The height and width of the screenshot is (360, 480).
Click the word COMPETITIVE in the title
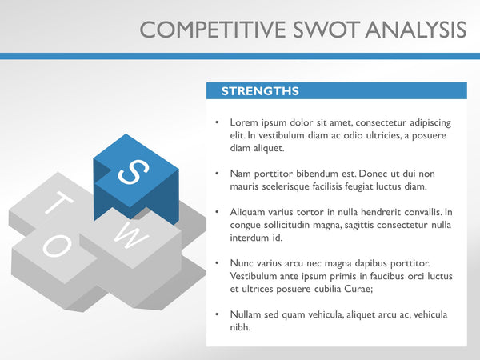[x=209, y=30]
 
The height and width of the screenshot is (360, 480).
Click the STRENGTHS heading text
[x=260, y=91]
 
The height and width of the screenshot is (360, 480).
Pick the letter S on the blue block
[x=133, y=170]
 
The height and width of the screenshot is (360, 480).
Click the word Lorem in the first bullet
[x=244, y=123]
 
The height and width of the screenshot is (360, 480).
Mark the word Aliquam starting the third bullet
[x=249, y=212]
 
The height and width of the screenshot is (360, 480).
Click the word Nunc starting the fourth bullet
[x=242, y=263]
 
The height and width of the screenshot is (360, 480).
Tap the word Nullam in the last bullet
[x=246, y=314]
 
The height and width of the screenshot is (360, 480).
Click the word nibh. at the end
[x=240, y=327]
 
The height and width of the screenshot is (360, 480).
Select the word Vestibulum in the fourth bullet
[x=255, y=276]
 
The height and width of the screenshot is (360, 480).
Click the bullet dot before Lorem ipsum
[x=218, y=123]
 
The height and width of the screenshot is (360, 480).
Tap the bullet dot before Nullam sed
[x=218, y=314]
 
